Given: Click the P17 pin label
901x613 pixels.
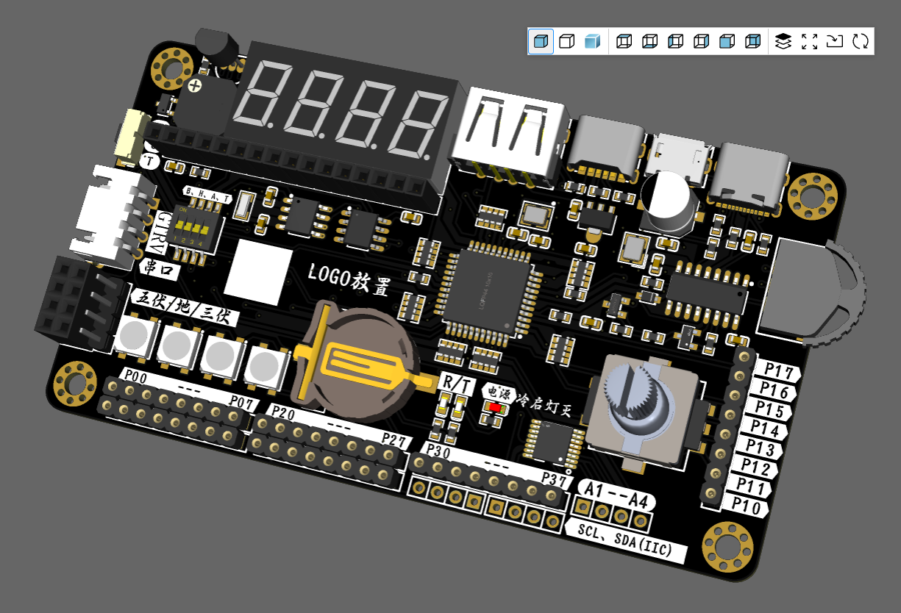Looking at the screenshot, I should click(x=778, y=370).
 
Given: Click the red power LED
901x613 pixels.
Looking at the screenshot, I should click(x=494, y=406).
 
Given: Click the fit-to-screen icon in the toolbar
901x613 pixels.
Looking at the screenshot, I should click(x=809, y=41).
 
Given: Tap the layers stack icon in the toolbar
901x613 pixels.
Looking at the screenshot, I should click(x=783, y=41).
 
